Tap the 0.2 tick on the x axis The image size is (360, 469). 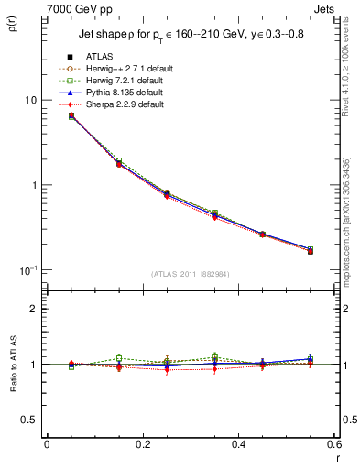click(142, 444)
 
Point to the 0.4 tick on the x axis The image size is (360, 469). click(237, 444)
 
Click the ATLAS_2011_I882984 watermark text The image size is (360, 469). click(190, 274)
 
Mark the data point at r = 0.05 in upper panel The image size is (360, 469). click(71, 116)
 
